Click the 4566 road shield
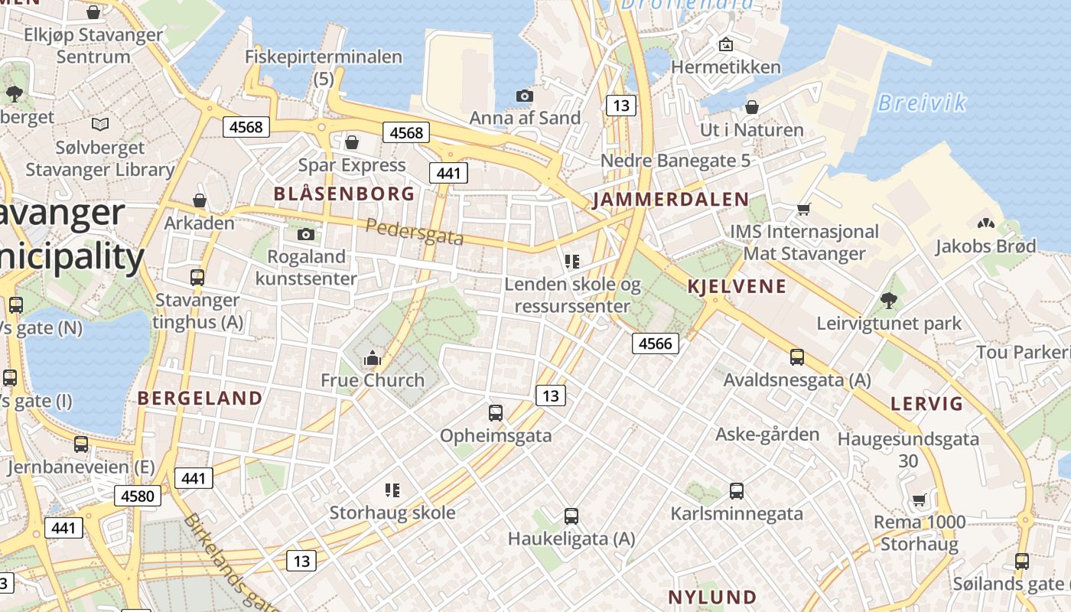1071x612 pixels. (x=656, y=343)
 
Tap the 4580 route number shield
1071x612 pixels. (x=138, y=496)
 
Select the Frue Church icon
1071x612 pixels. (x=373, y=357)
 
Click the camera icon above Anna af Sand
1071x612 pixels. (x=524, y=96)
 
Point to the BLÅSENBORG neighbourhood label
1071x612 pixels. (x=344, y=194)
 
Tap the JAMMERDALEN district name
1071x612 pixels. (x=671, y=200)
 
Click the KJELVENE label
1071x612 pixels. (x=737, y=287)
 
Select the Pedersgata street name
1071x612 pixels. (x=415, y=232)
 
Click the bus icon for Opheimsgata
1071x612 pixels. (x=496, y=413)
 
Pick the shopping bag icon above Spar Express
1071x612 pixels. (x=352, y=142)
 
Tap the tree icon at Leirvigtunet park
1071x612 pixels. (x=888, y=301)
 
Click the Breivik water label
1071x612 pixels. (x=922, y=103)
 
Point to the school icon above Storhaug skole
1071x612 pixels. (x=392, y=490)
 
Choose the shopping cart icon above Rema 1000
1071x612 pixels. (x=920, y=500)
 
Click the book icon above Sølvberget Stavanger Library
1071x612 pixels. (x=100, y=124)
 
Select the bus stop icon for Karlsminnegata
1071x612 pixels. (x=737, y=491)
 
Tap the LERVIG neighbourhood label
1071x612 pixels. (x=926, y=404)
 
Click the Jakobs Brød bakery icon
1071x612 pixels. (x=985, y=223)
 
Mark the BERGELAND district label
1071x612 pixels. (x=200, y=398)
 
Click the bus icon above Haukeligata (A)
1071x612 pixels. (x=571, y=516)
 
